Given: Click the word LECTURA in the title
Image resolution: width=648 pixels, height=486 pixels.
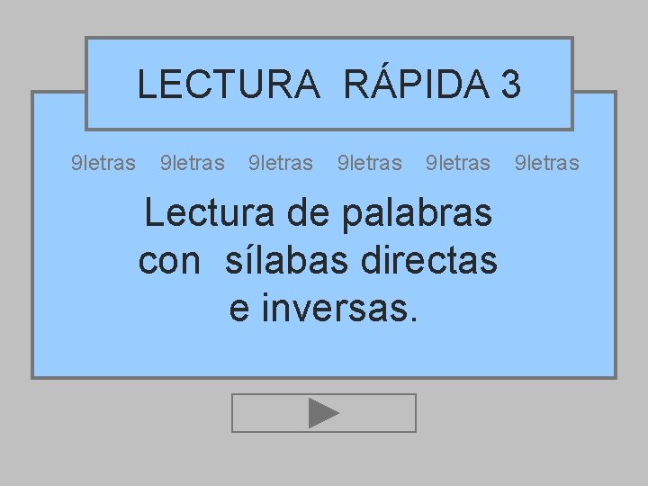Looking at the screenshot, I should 228,85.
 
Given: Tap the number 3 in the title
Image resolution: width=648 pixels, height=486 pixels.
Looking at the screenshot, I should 510,85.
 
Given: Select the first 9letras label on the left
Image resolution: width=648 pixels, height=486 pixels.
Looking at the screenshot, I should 103,163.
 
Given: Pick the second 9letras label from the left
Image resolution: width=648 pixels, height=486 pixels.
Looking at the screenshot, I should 192,163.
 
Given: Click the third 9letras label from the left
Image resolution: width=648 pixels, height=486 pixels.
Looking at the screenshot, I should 280,163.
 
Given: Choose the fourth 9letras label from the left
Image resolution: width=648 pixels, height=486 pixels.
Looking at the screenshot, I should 369,163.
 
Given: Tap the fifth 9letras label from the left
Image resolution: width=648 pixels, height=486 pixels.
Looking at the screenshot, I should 457,163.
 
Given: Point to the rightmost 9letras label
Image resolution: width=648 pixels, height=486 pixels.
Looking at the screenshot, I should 546,163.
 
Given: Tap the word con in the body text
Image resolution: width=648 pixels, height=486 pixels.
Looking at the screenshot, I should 169,261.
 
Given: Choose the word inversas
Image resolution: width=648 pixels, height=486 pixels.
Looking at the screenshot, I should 332,309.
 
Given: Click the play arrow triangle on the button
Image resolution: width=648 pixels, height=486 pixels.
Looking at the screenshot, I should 323,413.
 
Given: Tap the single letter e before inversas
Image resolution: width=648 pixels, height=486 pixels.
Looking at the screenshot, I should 239,310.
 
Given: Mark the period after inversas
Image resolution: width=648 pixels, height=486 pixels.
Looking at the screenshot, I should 413,319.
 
